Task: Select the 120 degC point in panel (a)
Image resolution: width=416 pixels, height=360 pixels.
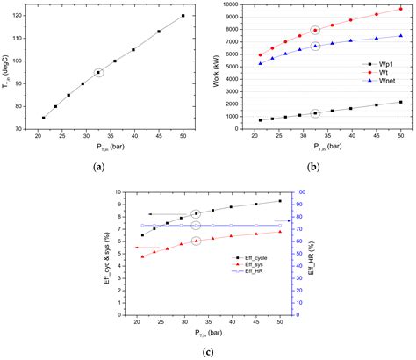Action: pos(183,16)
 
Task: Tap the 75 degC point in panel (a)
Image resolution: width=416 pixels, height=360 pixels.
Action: pos(43,118)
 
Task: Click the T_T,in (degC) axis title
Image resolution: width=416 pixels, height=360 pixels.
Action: pos(8,67)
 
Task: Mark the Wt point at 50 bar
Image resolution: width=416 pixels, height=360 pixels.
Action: pos(401,9)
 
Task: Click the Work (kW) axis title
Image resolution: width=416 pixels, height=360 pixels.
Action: pos(217,67)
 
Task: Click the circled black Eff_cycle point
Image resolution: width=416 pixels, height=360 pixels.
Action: pos(196,213)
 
